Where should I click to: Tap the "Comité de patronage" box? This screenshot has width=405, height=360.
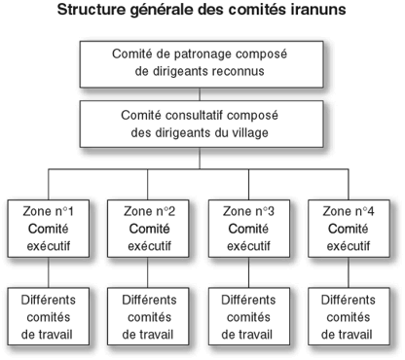pyautogui.click(x=202, y=64)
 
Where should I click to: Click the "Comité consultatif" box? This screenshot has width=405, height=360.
pyautogui.click(x=202, y=124)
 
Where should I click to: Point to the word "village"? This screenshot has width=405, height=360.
pyautogui.click(x=250, y=132)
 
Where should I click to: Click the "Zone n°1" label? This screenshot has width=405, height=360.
pyautogui.click(x=49, y=211)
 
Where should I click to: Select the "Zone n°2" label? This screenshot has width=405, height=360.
pyautogui.click(x=149, y=211)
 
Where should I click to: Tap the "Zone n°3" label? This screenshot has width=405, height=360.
pyautogui.click(x=248, y=211)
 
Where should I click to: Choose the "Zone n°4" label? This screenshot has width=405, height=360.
pyautogui.click(x=349, y=211)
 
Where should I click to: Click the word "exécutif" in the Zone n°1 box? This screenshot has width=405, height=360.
pyautogui.click(x=49, y=246)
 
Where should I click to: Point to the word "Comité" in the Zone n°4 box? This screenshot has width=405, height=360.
pyautogui.click(x=349, y=229)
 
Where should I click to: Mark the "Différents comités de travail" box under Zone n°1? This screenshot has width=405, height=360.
pyautogui.click(x=49, y=316)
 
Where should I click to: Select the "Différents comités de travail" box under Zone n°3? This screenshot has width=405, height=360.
pyautogui.click(x=249, y=316)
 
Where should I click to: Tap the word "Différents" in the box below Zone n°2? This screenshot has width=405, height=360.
pyautogui.click(x=149, y=300)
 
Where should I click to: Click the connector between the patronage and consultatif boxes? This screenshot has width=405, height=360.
pyautogui.click(x=200, y=94)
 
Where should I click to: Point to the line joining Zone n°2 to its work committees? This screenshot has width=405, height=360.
pyautogui.click(x=148, y=272)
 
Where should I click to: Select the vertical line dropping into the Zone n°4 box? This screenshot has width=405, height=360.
pyautogui.click(x=349, y=184)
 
